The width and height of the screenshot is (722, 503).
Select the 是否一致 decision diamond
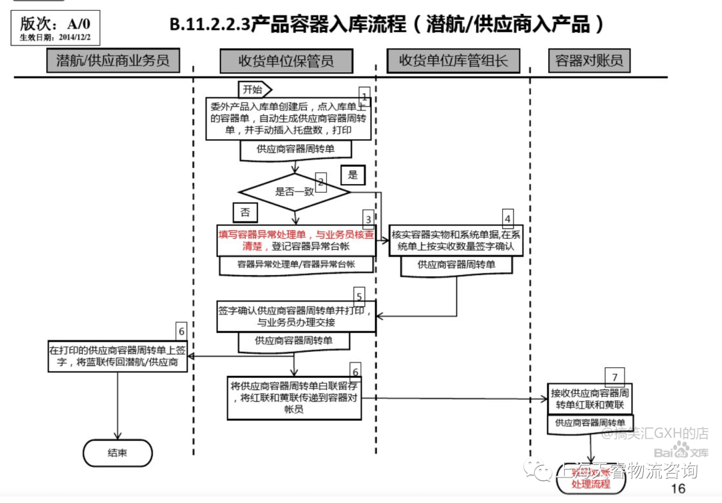coord(294,192)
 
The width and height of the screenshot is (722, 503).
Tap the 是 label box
coord(353,175)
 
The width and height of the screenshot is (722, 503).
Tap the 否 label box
coord(245,212)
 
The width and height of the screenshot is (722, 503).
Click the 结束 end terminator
coord(118,453)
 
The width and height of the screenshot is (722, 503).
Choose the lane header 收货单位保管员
coord(286,61)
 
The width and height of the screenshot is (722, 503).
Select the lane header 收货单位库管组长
coord(454,61)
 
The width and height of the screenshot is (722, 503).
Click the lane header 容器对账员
coord(589,61)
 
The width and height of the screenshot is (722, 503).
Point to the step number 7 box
coord(614,376)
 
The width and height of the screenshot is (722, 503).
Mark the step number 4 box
coord(508,217)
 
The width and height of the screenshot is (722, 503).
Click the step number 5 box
coord(359,296)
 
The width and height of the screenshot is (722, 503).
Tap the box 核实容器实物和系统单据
coord(457,240)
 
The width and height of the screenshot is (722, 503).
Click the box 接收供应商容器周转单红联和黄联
coord(590,399)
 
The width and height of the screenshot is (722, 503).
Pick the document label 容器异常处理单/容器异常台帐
coord(296,265)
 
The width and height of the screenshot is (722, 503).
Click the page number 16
coord(677,488)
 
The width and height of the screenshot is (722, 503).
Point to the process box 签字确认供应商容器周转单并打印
coord(296,316)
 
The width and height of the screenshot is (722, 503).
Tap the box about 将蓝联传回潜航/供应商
coord(118,355)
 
